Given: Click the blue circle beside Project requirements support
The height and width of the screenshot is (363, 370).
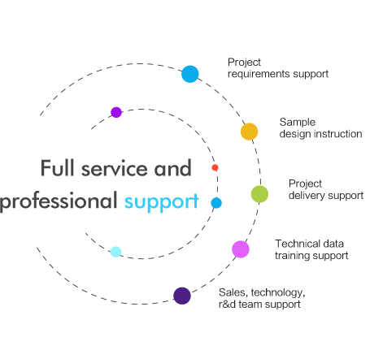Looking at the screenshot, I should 190,74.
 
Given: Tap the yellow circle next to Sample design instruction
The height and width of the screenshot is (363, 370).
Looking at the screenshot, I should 249,132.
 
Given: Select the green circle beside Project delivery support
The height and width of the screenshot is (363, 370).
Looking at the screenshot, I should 259,193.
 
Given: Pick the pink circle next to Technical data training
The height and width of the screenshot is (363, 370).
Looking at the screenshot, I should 241,249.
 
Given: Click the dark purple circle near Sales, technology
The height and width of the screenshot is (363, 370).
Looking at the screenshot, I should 182,296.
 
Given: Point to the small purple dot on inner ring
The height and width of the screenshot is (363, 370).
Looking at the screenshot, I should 116,112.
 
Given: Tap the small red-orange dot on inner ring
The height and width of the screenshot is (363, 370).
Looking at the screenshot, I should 215,167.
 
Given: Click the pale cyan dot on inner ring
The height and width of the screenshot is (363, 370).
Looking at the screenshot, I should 115,252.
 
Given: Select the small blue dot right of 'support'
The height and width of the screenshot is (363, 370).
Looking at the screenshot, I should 216,202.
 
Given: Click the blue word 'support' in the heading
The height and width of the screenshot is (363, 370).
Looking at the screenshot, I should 161,201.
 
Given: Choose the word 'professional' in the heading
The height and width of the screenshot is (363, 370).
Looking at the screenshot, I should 59,201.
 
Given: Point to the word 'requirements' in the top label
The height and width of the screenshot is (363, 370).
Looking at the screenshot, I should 257,73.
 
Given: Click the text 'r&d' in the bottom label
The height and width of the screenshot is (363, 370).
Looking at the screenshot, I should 227,304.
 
